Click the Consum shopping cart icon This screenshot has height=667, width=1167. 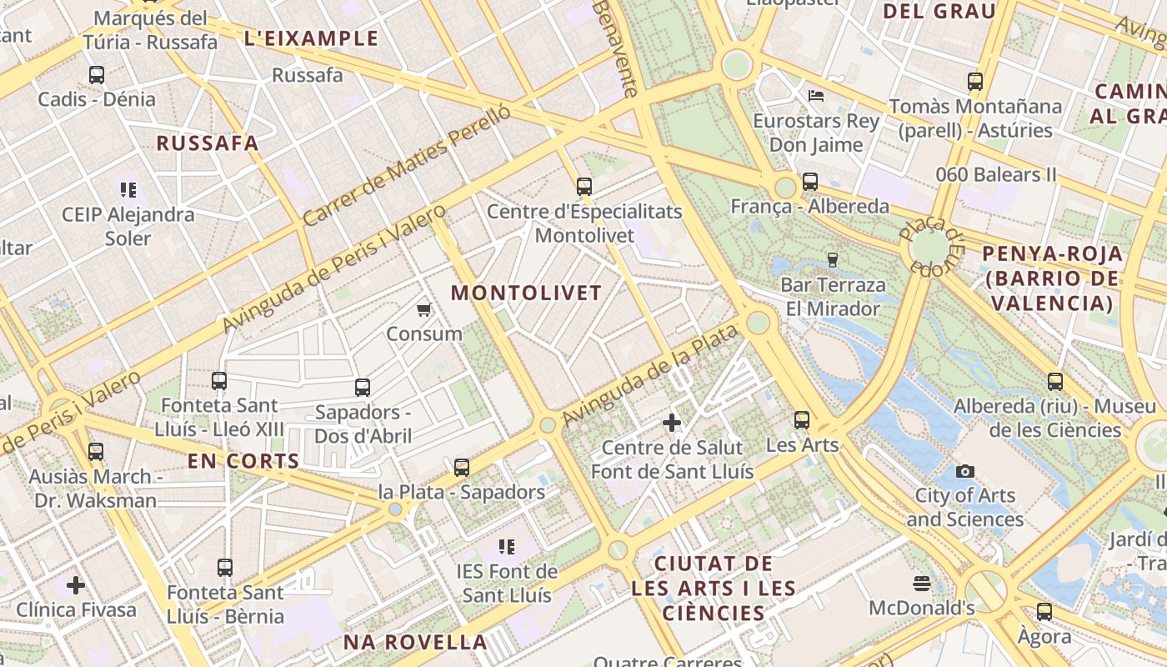tap(423, 310)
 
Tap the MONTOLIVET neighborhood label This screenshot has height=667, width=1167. tap(526, 293)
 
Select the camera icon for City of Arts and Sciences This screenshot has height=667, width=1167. tap(965, 472)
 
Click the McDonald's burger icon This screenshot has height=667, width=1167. tap(921, 583)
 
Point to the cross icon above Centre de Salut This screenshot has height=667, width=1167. tap(672, 423)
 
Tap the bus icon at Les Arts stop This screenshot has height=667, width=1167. tap(802, 420)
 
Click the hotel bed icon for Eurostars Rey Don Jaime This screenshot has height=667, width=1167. tap(816, 96)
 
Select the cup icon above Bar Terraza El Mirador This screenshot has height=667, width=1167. tap(832, 260)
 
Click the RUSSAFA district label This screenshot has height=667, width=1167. tap(208, 143)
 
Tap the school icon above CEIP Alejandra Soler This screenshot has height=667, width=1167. tap(128, 190)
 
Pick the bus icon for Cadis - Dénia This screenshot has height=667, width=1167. tap(97, 75)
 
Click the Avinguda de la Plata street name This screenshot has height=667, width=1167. tap(650, 375)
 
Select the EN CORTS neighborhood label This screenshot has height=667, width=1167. tap(243, 461)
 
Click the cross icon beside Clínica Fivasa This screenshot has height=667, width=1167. tap(76, 585)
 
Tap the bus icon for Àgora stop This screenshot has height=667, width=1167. tap(1044, 612)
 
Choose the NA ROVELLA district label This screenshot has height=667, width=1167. tap(415, 642)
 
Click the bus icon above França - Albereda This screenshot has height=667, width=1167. tap(809, 182)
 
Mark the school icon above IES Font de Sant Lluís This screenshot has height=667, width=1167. tap(507, 547)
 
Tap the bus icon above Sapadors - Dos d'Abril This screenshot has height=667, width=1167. tap(363, 388)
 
